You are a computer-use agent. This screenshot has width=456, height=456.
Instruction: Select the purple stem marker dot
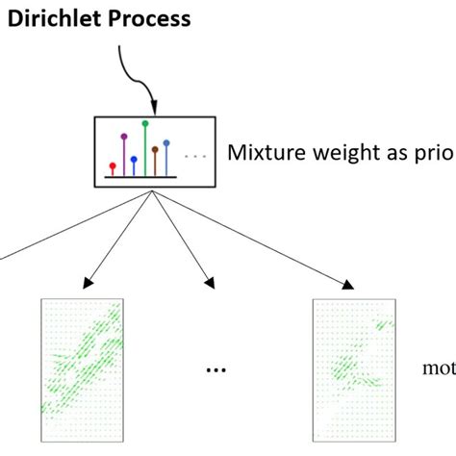pos(124,137)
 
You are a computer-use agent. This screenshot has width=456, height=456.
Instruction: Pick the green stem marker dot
pos(145,123)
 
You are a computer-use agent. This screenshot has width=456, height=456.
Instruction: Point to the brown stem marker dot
pos(156,149)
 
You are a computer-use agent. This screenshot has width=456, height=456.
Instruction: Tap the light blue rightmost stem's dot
pos(166,143)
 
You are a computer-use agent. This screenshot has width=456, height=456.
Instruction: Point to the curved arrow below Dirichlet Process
pos(134,72)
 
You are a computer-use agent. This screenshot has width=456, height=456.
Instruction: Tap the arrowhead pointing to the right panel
pos(349,283)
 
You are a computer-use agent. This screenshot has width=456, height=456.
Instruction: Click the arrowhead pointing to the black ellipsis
pos(210,283)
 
